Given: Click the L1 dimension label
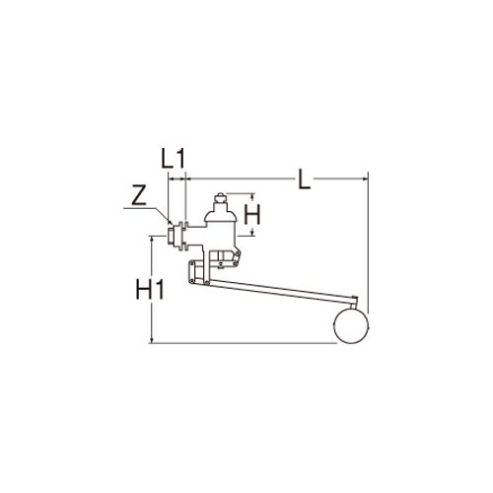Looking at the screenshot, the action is coord(174,159).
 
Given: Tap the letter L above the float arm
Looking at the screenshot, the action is coord(304,178).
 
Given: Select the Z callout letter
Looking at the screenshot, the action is coord(139,196).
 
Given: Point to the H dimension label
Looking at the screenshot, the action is coord(252,214).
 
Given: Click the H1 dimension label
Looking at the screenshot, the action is coord(150,289).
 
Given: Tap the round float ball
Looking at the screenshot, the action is coord(351,325).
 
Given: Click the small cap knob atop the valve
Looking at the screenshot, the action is coord(220,198).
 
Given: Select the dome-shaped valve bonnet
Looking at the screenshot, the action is coord(220,214).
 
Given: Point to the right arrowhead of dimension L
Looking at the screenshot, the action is coord(365,178).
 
